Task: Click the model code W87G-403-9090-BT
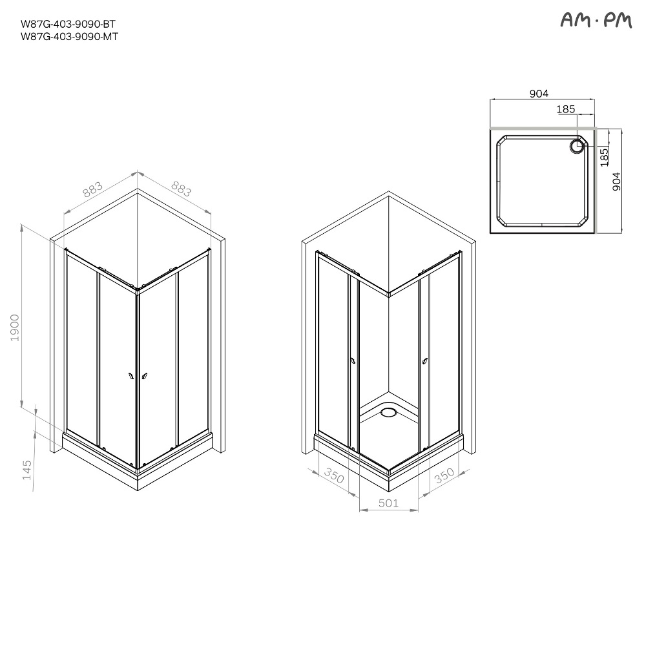pyautogui.click(x=68, y=24)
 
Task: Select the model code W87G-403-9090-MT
pyautogui.click(x=69, y=37)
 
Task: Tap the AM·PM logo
pyautogui.click(x=596, y=20)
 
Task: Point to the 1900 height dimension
pyautogui.click(x=15, y=328)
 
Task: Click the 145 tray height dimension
pyautogui.click(x=26, y=470)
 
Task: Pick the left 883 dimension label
pyautogui.click(x=92, y=189)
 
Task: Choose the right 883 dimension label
pyautogui.click(x=182, y=189)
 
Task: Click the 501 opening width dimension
pyautogui.click(x=388, y=503)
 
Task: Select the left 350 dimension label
pyautogui.click(x=334, y=475)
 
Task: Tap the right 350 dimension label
pyautogui.click(x=444, y=476)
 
